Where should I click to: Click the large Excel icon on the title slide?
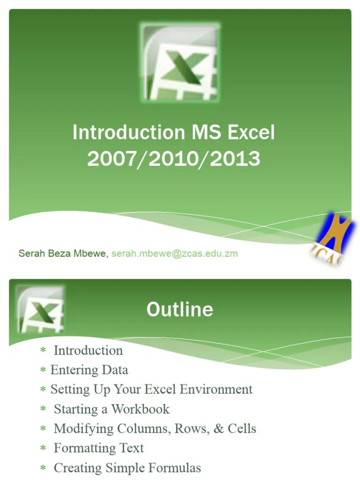[180, 62]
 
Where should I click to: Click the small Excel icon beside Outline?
[40, 310]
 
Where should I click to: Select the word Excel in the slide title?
[251, 133]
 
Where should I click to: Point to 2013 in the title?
[235, 159]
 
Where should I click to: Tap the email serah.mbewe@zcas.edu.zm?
[174, 254]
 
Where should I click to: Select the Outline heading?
[180, 309]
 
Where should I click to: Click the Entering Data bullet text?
[89, 370]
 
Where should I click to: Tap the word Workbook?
[140, 409]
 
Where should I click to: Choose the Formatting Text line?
[98, 448]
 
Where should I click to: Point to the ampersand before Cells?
[218, 428]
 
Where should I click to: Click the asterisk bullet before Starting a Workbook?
[43, 410]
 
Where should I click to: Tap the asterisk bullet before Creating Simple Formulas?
[43, 468]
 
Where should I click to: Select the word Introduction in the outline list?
[88, 350]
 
